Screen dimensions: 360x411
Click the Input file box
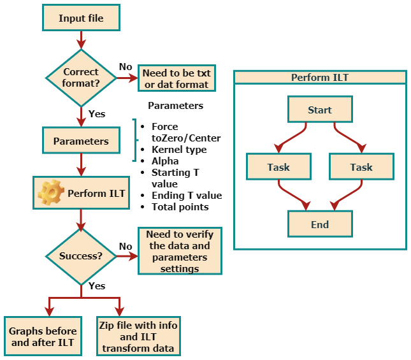coord(80,18)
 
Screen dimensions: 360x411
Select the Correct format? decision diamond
coord(80,78)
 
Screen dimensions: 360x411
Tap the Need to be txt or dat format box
coord(175,79)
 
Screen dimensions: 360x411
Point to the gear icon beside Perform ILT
coord(50,192)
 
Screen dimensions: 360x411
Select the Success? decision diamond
coord(80,256)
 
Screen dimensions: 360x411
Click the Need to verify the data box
coord(180,251)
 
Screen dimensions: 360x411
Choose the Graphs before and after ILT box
coord(43,336)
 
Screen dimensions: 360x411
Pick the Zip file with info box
coord(138,336)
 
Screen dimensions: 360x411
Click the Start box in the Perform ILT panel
coord(319,110)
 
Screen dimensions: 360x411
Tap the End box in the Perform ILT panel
coord(319,224)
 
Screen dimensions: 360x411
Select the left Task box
coord(278,167)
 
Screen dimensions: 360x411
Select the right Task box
coord(361,167)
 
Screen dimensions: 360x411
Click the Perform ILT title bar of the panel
coord(320,78)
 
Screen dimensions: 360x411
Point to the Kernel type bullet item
coord(179,150)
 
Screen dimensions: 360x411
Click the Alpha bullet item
coord(165,161)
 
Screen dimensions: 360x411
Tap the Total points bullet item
coord(180,207)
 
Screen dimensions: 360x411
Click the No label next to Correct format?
coord(126,67)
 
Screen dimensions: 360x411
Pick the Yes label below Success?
coord(97,286)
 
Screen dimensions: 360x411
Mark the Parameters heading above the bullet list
coord(175,106)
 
